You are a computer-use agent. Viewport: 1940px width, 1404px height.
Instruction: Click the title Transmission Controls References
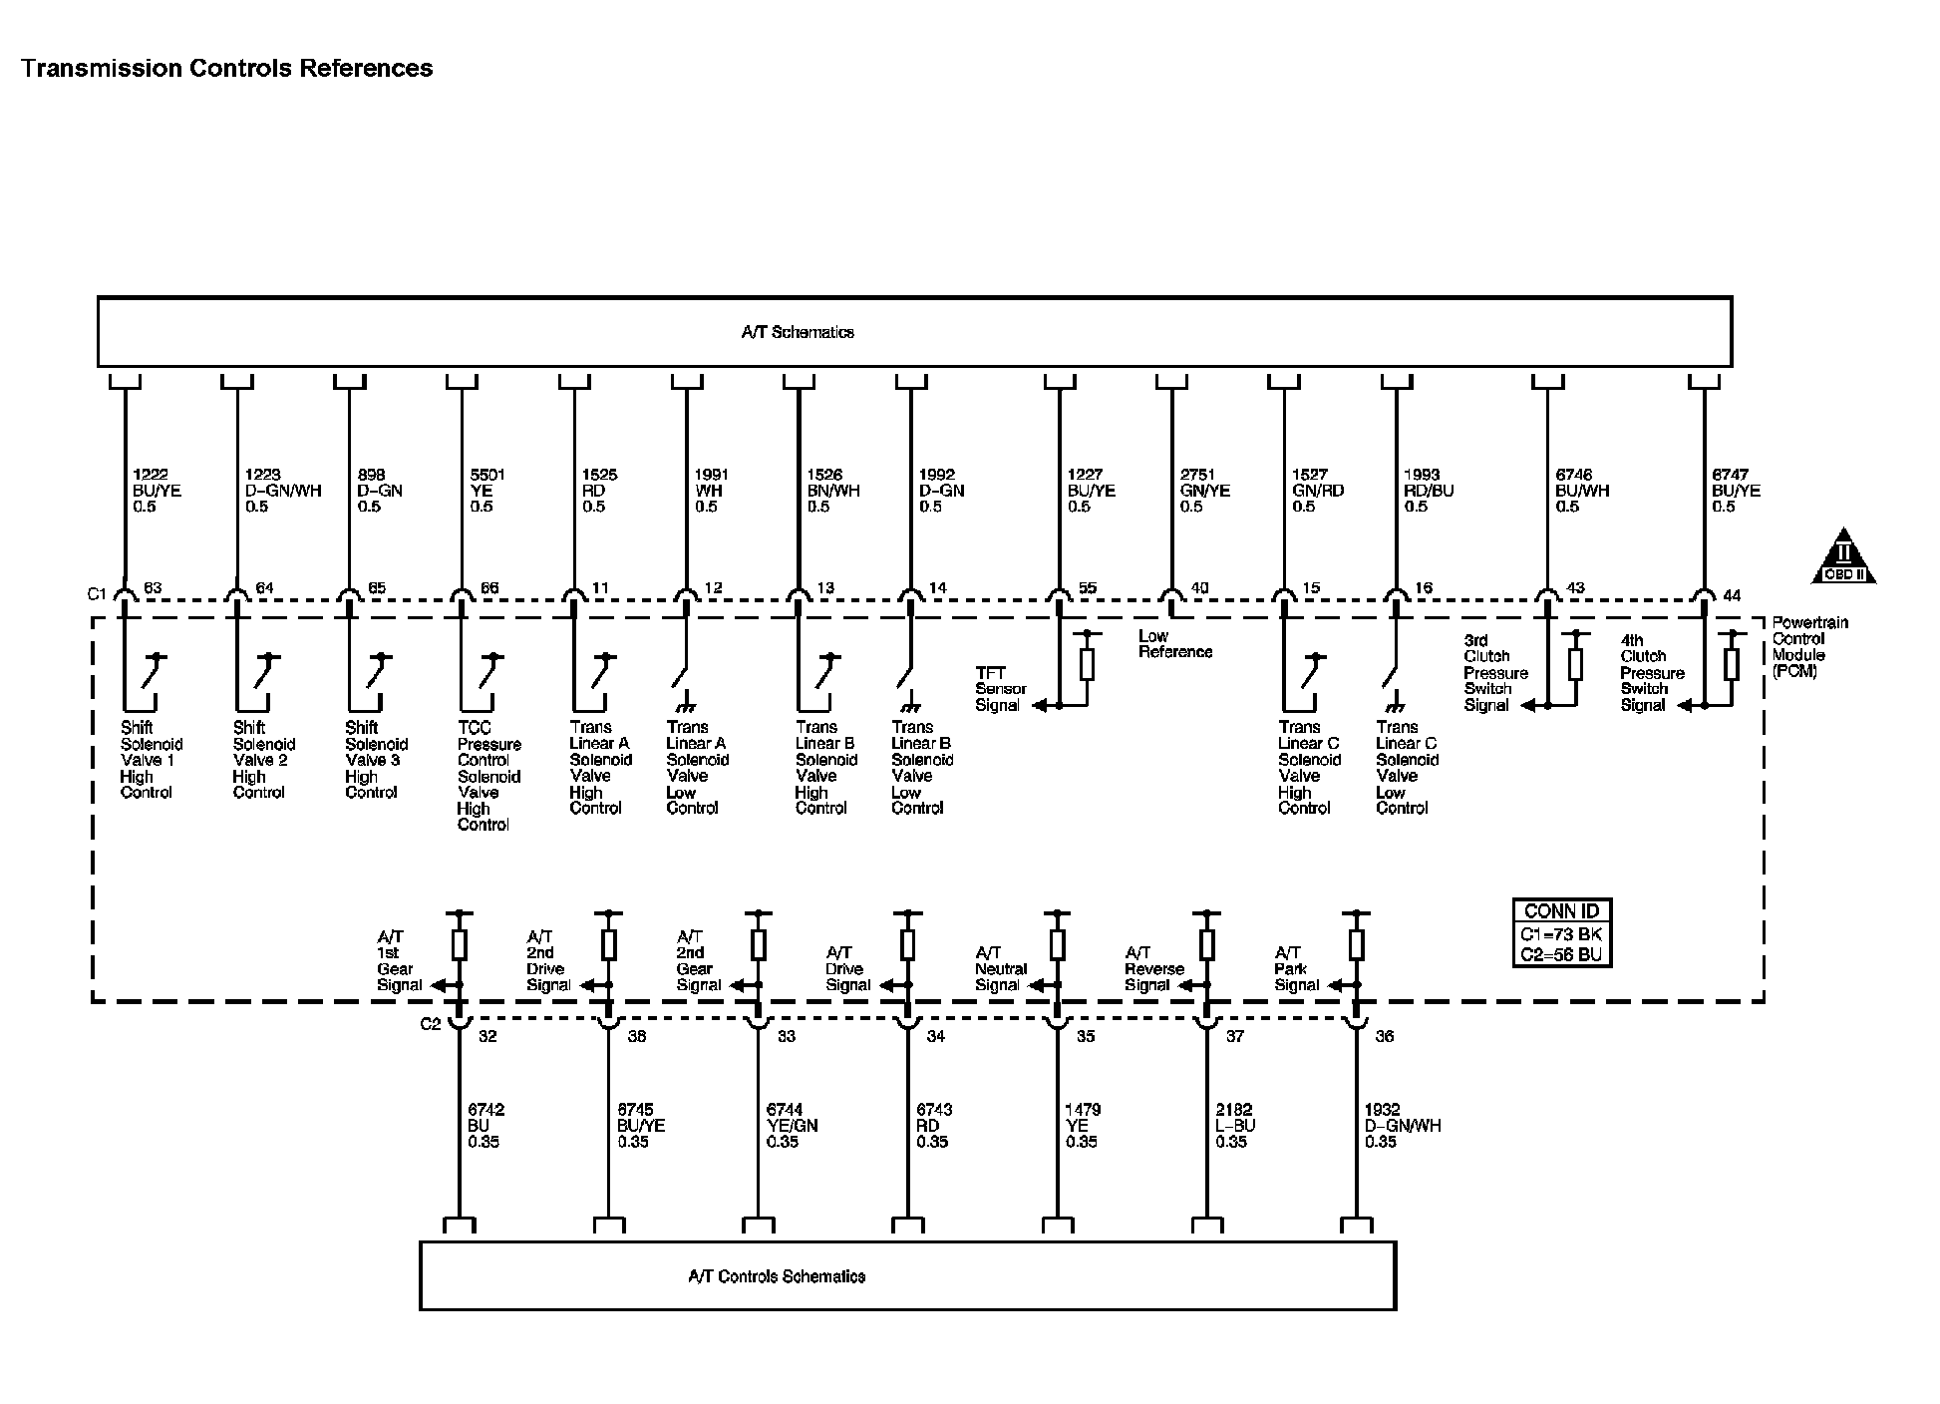click(227, 69)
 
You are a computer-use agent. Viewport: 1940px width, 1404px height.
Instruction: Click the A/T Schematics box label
click(798, 333)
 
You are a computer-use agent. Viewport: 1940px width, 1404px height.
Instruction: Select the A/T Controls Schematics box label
click(777, 1276)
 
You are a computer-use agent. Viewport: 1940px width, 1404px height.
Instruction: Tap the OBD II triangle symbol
click(1843, 558)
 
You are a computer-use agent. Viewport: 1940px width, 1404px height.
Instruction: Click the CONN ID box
click(1561, 933)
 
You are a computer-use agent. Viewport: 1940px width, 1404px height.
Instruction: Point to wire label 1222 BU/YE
click(158, 491)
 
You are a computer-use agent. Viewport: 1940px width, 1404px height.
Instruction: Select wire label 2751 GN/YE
click(1205, 491)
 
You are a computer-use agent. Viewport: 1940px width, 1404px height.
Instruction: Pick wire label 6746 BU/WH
click(1582, 491)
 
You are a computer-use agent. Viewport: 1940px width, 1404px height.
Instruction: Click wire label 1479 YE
click(1083, 1125)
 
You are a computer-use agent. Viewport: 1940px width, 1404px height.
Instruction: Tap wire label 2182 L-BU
click(1235, 1125)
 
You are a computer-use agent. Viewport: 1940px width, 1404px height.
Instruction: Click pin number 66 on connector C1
click(489, 588)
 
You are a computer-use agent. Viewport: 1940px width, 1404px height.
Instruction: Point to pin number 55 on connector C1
click(1088, 588)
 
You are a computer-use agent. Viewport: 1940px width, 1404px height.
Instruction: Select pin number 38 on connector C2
click(637, 1037)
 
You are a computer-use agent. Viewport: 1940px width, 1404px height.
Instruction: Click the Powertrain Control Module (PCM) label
click(1809, 647)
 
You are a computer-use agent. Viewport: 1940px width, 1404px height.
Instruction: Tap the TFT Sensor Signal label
click(1000, 689)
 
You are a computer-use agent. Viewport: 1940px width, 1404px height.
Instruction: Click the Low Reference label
click(1174, 644)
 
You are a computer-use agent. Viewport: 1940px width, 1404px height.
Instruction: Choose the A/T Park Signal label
click(1297, 968)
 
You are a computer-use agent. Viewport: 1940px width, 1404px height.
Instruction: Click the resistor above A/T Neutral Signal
click(1058, 943)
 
